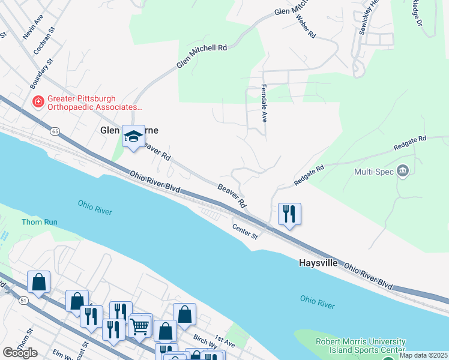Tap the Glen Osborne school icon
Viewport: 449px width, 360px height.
point(133,136)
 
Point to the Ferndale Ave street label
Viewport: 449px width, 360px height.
point(263,103)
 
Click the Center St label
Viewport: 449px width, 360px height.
point(245,232)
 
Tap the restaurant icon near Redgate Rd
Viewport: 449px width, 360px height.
point(289,214)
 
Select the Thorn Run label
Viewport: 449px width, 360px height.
point(40,221)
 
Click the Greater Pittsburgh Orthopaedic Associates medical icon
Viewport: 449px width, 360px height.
point(38,102)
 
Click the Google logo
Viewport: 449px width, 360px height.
point(20,353)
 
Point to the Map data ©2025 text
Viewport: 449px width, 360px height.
point(423,355)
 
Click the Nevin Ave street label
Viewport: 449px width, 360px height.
point(33,28)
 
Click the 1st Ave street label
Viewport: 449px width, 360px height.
point(225,343)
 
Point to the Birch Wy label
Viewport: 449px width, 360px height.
point(205,339)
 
